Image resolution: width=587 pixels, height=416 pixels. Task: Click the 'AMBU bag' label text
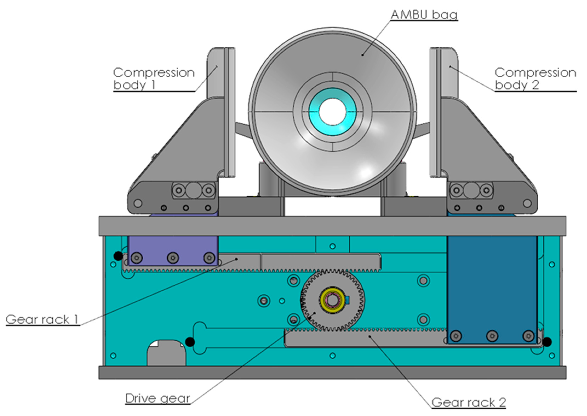tap(424, 15)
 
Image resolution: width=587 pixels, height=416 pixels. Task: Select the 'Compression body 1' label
tap(154, 79)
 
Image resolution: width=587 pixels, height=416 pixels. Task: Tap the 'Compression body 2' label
tap(535, 79)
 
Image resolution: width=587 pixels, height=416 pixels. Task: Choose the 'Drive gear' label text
tap(158, 398)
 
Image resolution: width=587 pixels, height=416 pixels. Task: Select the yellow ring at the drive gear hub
tap(323, 300)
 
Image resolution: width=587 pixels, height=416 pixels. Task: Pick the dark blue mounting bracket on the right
tap(492, 282)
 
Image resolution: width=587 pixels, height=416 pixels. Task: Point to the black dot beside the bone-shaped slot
tap(190, 342)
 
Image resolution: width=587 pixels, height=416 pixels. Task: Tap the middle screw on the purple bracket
tap(173, 257)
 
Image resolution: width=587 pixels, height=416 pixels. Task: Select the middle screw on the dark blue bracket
tap(492, 336)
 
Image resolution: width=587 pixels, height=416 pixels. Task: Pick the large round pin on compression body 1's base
tap(194, 190)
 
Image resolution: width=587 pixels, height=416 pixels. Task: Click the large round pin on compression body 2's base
tap(471, 190)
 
